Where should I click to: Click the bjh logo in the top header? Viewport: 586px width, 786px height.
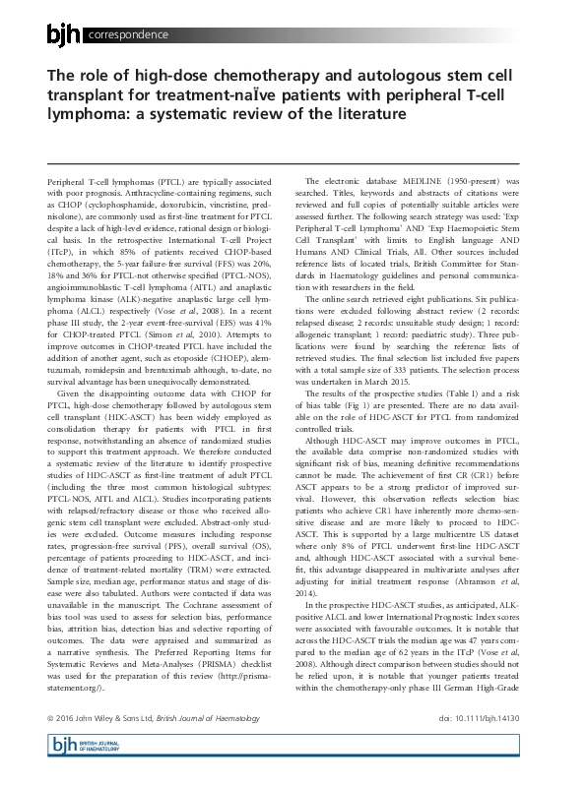(x=65, y=35)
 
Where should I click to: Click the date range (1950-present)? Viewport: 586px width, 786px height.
(x=485, y=182)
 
